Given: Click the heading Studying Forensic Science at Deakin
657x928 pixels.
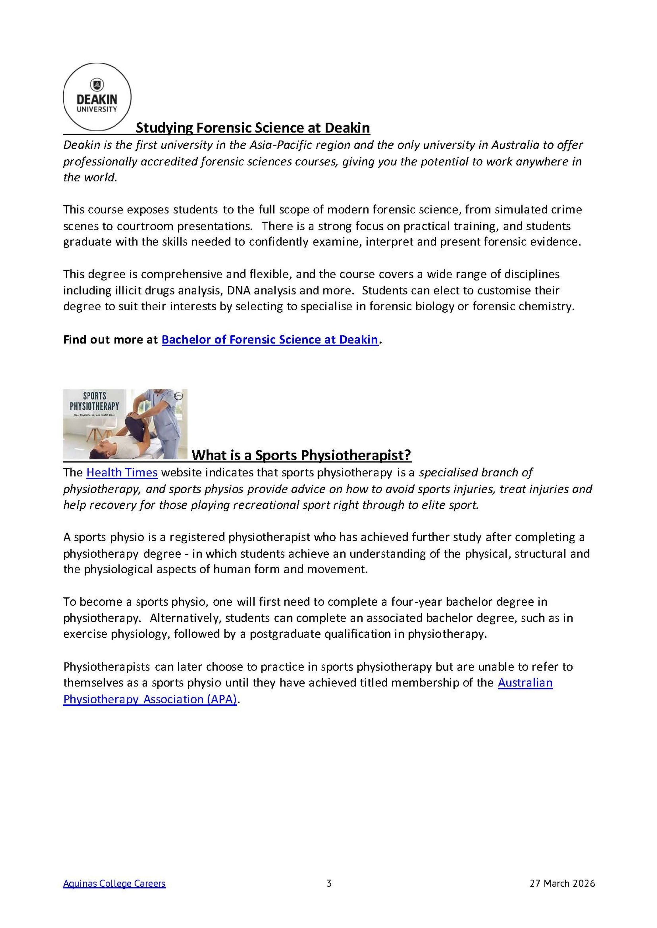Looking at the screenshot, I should [253, 128].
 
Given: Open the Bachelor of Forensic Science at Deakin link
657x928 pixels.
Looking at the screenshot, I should [270, 339].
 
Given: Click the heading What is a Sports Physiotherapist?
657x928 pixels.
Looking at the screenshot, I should [301, 455].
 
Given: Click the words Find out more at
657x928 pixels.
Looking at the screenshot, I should [110, 339].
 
